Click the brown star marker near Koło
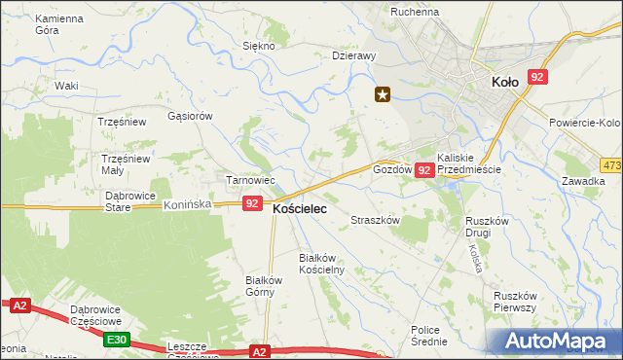click(x=383, y=94)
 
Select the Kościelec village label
click(x=299, y=208)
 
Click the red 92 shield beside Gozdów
click(x=424, y=170)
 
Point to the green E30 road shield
click(x=118, y=339)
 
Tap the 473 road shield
click(x=611, y=166)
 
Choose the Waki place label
click(x=66, y=86)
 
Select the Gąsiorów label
click(x=190, y=116)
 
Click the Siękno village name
click(x=259, y=46)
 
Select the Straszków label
click(x=376, y=221)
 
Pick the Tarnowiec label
click(x=252, y=181)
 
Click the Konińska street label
click(x=188, y=205)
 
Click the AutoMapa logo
click(x=559, y=342)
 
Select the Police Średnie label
click(x=429, y=336)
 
